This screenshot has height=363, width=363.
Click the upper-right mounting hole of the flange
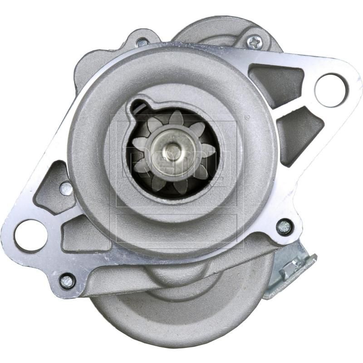331,90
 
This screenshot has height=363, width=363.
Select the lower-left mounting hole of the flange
31,235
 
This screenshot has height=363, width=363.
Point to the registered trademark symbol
247,118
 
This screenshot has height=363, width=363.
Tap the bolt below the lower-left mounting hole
67,281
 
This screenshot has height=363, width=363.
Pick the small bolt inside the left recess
66,189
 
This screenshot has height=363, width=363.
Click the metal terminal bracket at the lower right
290,272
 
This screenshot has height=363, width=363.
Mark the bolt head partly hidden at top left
142,42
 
